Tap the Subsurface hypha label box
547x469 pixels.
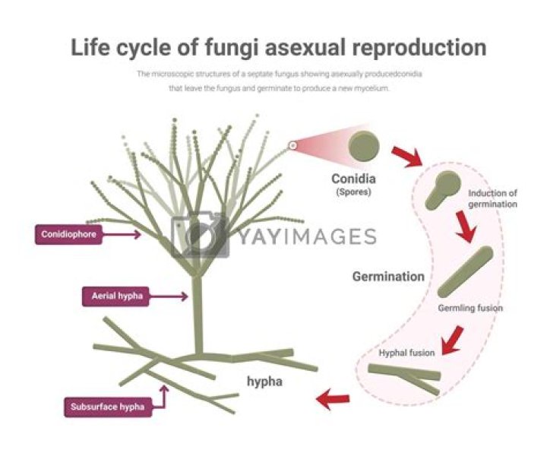pos(104,406)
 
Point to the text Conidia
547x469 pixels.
pos(353,179)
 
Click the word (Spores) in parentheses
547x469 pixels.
pos(353,194)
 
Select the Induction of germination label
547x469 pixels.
pos(492,198)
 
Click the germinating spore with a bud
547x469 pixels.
pos(443,190)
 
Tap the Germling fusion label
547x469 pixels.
pos(470,308)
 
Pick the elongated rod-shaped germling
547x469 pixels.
pos(466,271)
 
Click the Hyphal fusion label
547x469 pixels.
pos(407,353)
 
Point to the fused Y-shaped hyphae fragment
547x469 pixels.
pos(405,377)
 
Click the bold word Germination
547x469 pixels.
pos(388,277)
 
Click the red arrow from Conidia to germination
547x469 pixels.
pos(406,157)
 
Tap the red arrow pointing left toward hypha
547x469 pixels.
pos(333,399)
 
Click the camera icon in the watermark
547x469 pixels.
pos(199,236)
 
